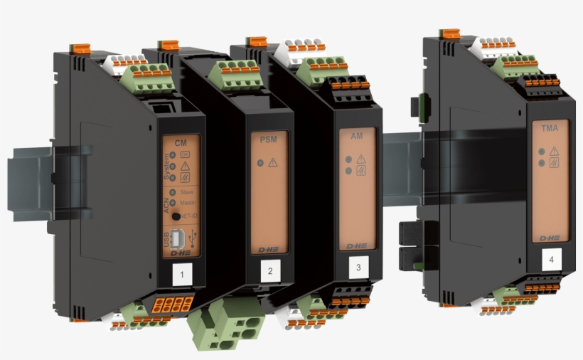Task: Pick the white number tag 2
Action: (270, 270)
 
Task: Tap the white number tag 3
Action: (358, 267)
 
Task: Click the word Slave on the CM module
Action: (188, 192)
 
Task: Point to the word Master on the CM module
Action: (188, 203)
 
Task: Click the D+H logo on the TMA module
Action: (548, 238)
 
